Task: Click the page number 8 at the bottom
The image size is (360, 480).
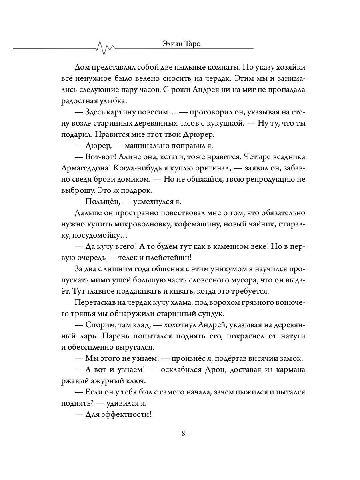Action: [183, 433]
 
